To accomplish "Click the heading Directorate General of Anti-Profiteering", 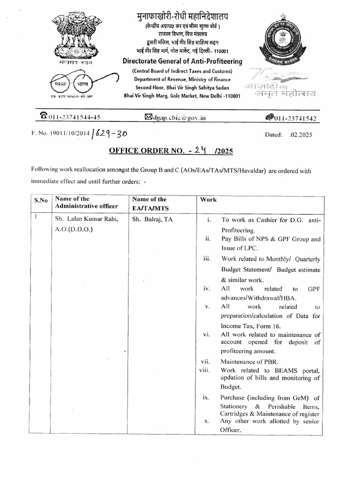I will (x=182, y=61).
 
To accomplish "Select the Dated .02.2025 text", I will (x=288, y=134).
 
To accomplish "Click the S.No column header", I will (x=41, y=201).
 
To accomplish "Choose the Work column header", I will (x=208, y=200).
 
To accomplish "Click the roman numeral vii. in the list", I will (x=206, y=362).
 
